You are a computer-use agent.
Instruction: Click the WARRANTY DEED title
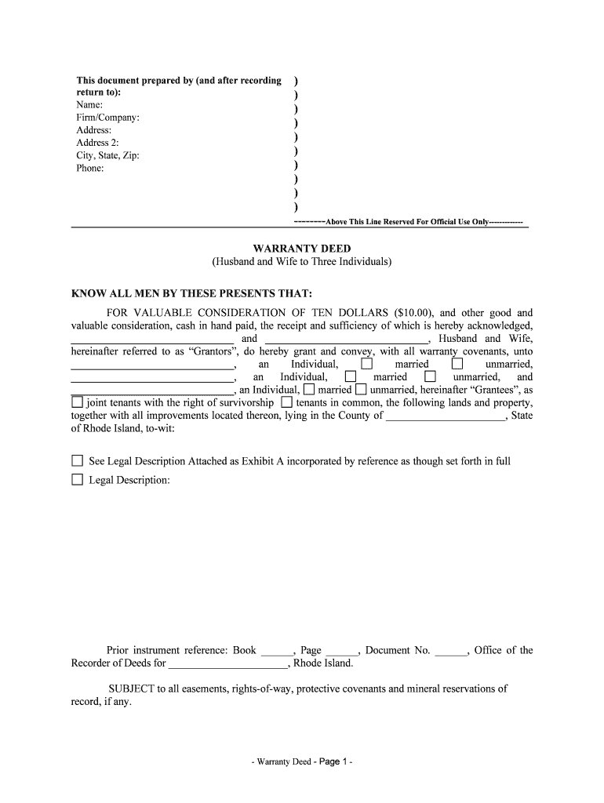pyautogui.click(x=301, y=248)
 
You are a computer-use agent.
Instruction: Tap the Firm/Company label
pyautogui.click(x=107, y=118)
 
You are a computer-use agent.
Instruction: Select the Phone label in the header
pyautogui.click(x=89, y=168)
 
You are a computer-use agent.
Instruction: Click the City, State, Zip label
pyautogui.click(x=107, y=155)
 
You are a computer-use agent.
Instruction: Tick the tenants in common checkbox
pyautogui.click(x=286, y=402)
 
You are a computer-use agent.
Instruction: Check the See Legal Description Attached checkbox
pyautogui.click(x=77, y=460)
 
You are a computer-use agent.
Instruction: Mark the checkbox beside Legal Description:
pyautogui.click(x=77, y=479)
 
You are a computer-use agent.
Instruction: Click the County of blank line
pyautogui.click(x=447, y=416)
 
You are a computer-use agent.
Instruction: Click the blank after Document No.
pyautogui.click(x=450, y=651)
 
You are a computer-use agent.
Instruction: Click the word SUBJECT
pyautogui.click(x=131, y=689)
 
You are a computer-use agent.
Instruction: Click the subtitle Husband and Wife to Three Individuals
pyautogui.click(x=301, y=261)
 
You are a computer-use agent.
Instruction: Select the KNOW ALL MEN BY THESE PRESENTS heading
pyautogui.click(x=192, y=293)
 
